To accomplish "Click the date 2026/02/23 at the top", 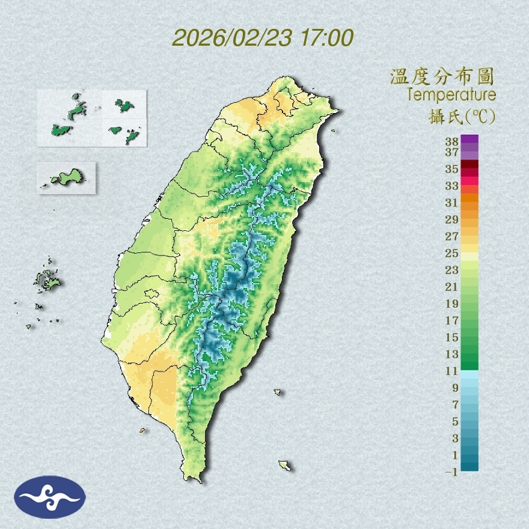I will [232, 38].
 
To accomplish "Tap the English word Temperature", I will [451, 95].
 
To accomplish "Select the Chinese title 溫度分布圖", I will [442, 76].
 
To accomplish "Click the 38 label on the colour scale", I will [452, 142].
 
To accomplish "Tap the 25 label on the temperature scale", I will [452, 252].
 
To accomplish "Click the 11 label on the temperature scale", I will [452, 371].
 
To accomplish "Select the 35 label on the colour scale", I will [452, 169].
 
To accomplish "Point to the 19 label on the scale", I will [452, 304].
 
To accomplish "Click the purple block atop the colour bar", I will [469, 139].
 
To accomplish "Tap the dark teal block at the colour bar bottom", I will [469, 465].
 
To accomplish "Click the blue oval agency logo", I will [50, 497].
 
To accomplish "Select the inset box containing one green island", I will [66, 177].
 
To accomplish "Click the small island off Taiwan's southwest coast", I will [142, 430].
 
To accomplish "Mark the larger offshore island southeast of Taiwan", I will [285, 465].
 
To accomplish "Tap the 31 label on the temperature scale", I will [452, 202].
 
